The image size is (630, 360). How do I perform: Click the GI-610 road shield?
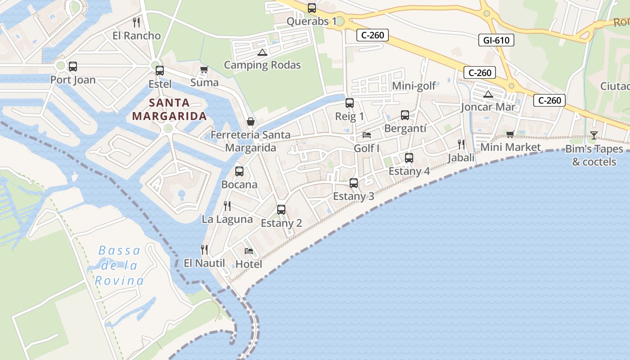pyautogui.click(x=496, y=40)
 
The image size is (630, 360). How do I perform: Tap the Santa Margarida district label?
pyautogui.click(x=169, y=109)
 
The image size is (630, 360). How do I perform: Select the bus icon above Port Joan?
pyautogui.click(x=72, y=67)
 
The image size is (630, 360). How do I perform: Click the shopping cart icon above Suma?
pyautogui.click(x=204, y=70)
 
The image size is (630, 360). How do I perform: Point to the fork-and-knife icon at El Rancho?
pyautogui.click(x=136, y=22)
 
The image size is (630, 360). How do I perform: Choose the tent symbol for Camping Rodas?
pyautogui.click(x=262, y=52)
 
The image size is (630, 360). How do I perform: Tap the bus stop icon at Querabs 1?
pyautogui.click(x=311, y=8)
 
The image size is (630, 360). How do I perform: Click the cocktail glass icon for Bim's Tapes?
pyautogui.click(x=594, y=135)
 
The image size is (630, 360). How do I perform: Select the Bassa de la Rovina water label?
pyautogui.click(x=119, y=265)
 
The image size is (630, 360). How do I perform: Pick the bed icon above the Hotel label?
pyautogui.click(x=248, y=251)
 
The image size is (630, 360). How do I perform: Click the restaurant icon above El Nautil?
pyautogui.click(x=204, y=249)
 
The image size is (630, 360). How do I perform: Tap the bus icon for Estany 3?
pyautogui.click(x=354, y=183)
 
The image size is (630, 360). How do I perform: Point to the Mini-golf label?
pyautogui.click(x=414, y=86)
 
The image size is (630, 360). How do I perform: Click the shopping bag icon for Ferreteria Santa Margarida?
pyautogui.click(x=251, y=121)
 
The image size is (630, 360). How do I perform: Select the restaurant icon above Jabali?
pyautogui.click(x=461, y=144)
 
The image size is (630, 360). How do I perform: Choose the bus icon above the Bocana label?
pyautogui.click(x=239, y=171)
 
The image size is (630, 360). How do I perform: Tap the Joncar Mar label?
pyautogui.click(x=488, y=107)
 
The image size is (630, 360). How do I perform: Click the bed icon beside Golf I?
pyautogui.click(x=367, y=135)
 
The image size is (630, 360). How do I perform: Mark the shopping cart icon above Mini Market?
pyautogui.click(x=510, y=134)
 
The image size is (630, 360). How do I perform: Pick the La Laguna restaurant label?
pyautogui.click(x=227, y=219)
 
